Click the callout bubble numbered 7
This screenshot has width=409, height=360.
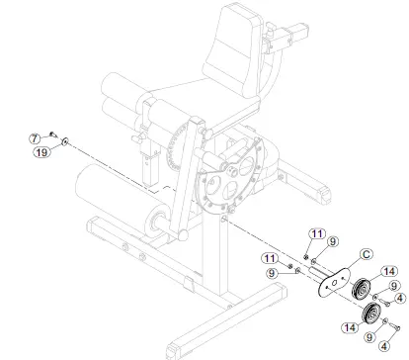35,138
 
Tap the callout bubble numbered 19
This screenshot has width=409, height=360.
41,152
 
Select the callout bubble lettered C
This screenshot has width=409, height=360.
366,254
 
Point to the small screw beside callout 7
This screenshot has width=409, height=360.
53,135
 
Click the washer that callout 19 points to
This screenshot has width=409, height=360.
65,141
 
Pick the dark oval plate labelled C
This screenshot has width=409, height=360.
333,282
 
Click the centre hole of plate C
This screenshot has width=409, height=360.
334,283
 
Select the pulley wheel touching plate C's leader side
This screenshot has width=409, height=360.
362,290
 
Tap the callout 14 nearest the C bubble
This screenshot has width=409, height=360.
389,271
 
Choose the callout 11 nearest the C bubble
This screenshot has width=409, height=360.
317,233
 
